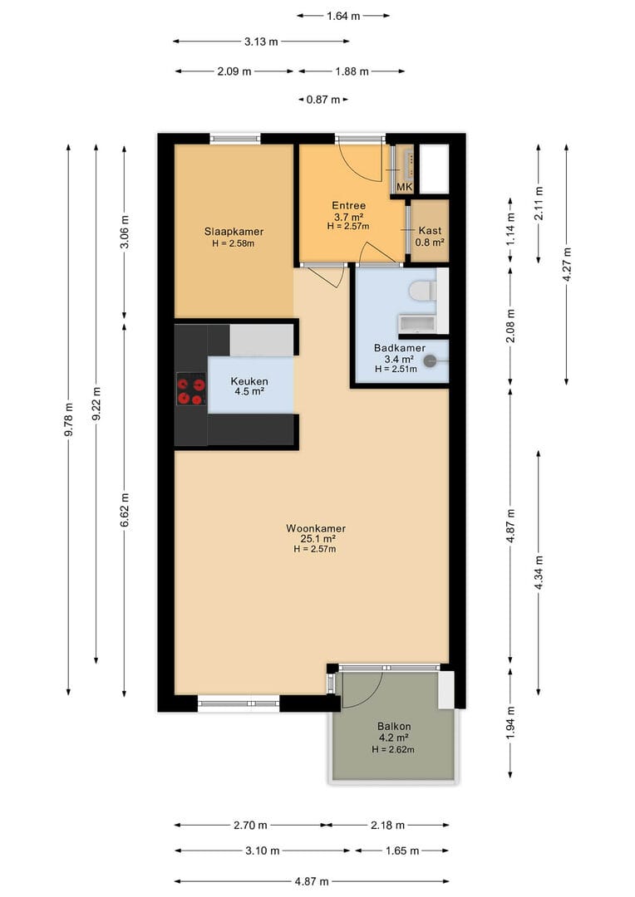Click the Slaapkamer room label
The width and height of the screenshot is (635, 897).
point(234,232)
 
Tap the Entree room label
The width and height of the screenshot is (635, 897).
point(349,205)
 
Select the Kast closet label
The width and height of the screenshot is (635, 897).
point(430,231)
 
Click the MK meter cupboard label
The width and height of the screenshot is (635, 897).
point(405,187)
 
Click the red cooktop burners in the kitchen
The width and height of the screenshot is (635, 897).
point(191,389)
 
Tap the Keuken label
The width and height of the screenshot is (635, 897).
point(249,381)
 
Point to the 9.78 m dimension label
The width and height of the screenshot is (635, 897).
point(69,420)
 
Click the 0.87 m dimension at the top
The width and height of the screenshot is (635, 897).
point(323,100)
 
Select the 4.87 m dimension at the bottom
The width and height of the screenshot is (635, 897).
point(312,881)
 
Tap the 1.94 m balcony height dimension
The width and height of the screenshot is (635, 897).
point(511,723)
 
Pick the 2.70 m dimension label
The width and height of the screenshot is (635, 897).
point(250,825)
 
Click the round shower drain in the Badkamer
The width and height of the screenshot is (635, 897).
point(430,361)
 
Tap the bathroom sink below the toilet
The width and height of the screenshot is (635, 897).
point(417,323)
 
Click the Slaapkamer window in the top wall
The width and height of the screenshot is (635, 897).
point(234,138)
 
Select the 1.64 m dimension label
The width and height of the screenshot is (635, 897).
point(343,16)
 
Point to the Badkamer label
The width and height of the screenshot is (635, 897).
point(400,348)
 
